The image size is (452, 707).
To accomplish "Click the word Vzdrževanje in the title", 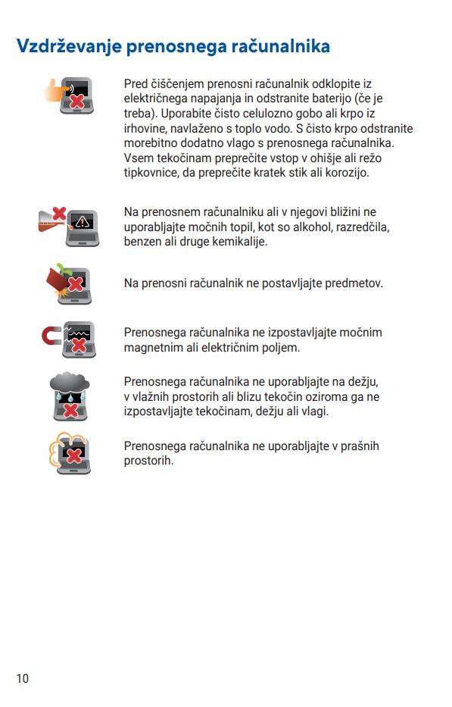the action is click(69, 47).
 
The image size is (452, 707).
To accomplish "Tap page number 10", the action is click(23, 678).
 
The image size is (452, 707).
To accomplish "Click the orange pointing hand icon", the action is click(55, 90).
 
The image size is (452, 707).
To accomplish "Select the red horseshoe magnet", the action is click(51, 336).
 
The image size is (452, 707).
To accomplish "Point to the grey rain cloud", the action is click(70, 383).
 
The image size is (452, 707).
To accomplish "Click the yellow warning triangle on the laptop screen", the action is click(83, 221).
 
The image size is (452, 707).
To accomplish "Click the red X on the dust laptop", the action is click(74, 455).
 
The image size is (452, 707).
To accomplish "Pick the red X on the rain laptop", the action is click(70, 410).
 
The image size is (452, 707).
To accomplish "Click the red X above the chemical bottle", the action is click(59, 213).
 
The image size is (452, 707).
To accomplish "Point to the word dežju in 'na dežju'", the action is click(363, 383).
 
